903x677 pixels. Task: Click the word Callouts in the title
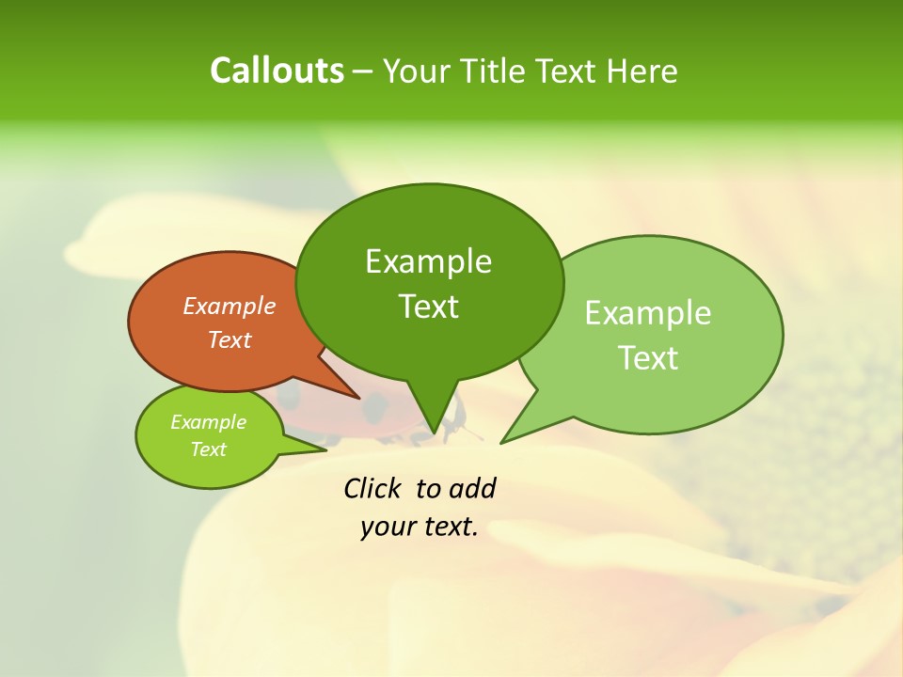point(277,71)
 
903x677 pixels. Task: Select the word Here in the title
point(642,71)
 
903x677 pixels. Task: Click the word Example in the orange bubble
point(230,306)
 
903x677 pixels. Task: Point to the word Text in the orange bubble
point(230,339)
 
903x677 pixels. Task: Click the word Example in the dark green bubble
point(428,261)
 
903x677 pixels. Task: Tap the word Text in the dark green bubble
point(428,307)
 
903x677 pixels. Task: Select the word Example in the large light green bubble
point(648,313)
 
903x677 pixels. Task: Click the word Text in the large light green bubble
point(648,358)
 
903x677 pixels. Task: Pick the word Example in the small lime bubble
point(208,422)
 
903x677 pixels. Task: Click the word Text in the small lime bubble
point(208,449)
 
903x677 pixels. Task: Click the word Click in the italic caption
point(374,488)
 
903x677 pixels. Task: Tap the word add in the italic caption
point(472,488)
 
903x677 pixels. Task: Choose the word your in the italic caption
point(385,527)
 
